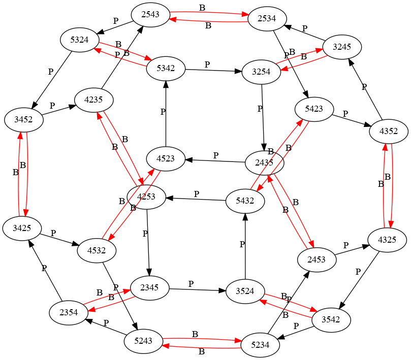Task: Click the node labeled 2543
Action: click(x=150, y=14)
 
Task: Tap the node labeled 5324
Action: click(x=80, y=40)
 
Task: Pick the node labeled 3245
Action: click(x=342, y=47)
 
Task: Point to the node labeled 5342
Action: click(x=166, y=68)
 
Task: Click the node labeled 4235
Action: click(x=94, y=100)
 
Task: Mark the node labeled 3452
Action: click(x=24, y=120)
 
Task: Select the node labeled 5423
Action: click(x=314, y=108)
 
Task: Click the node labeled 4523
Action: click(x=166, y=158)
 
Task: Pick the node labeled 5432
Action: click(x=245, y=201)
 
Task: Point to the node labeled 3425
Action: click(x=22, y=228)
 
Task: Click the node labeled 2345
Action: click(x=150, y=287)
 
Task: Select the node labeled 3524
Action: click(x=245, y=292)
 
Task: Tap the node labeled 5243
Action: click(x=143, y=340)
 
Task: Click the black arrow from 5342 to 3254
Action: click(x=213, y=70)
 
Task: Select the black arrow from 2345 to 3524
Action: click(x=198, y=289)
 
